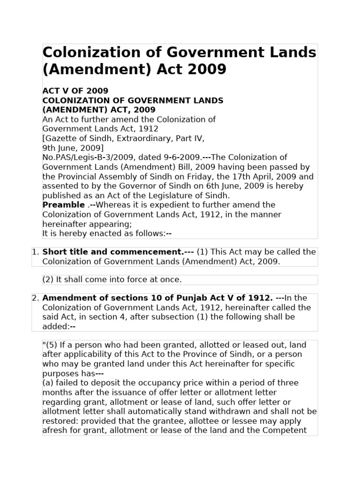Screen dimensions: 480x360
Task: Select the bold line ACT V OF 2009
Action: [x=75, y=91]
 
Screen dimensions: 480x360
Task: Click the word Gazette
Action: [x=60, y=138]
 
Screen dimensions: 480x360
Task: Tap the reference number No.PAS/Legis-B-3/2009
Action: [x=80, y=157]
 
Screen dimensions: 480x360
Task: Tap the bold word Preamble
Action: [x=63, y=205]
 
